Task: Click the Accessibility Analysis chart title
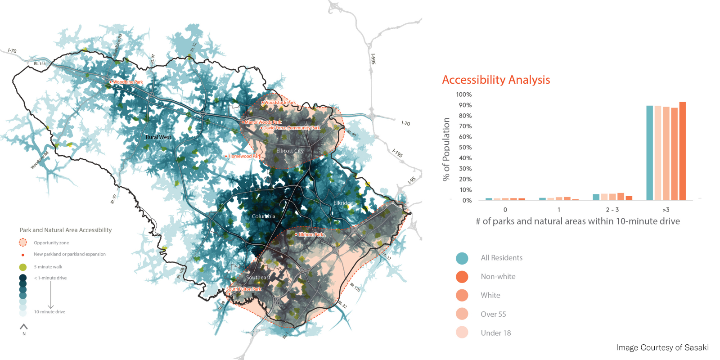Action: click(496, 80)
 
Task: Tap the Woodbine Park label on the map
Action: click(127, 82)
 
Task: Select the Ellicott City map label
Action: click(290, 151)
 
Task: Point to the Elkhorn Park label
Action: click(311, 234)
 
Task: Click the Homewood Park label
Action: click(244, 156)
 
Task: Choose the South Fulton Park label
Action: click(243, 289)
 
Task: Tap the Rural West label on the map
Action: click(158, 137)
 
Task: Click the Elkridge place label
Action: click(343, 203)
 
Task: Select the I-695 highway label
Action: click(373, 59)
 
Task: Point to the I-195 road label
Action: click(397, 153)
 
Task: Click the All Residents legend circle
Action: click(462, 258)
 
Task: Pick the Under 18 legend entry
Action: click(495, 333)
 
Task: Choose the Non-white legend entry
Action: click(498, 277)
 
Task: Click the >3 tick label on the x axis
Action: click(666, 210)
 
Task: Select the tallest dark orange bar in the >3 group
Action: click(683, 151)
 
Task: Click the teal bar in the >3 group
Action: click(649, 153)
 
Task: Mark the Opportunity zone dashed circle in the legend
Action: click(23, 243)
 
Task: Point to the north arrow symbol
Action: click(24, 327)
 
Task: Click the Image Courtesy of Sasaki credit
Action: click(662, 347)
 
